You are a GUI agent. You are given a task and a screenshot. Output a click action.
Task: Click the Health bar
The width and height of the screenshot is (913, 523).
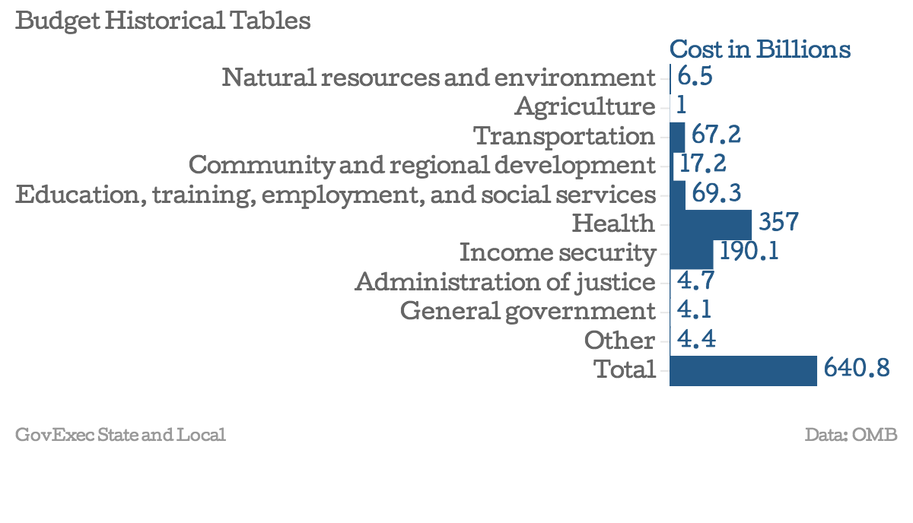711,223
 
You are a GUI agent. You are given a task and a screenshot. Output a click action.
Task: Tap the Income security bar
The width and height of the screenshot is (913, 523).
691,252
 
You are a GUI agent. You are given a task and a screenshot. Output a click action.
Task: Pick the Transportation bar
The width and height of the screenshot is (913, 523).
677,136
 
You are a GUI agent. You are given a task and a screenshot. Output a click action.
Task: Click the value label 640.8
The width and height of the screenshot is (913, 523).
856,369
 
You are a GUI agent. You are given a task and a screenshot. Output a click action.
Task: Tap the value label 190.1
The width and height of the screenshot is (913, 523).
749,252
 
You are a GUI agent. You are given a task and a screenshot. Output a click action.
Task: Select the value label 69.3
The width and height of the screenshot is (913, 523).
717,194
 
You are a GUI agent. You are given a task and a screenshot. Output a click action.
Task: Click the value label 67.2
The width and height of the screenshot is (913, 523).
716,135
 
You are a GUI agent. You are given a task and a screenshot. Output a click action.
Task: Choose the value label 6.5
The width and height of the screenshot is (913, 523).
694,77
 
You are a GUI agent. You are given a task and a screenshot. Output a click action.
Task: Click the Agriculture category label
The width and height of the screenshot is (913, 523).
584,106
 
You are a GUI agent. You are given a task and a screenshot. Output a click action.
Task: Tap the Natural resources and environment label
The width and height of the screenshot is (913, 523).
438,78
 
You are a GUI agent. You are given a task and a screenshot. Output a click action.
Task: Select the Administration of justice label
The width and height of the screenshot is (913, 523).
504,282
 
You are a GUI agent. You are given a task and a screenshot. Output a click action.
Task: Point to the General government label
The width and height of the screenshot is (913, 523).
527,311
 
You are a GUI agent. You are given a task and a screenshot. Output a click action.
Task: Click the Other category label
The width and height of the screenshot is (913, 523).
619,340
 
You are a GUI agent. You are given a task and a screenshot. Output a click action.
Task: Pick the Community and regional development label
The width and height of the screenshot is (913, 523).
422,165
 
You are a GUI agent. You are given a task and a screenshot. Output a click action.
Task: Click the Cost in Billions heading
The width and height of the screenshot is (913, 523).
759,49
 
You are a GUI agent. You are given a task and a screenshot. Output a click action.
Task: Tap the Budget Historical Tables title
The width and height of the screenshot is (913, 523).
163,21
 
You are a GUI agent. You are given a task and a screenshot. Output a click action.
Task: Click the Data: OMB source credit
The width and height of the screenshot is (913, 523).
851,435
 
